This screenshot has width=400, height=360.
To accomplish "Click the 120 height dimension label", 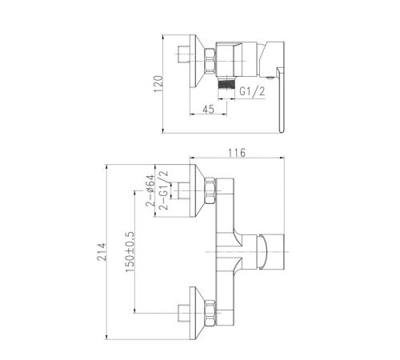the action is pos(158,84).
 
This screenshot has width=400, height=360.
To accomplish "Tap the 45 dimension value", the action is pos(208,110).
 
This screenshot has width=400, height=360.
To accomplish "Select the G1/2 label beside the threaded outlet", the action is pos(252,91).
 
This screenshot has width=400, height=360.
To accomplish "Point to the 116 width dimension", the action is pos(237,153).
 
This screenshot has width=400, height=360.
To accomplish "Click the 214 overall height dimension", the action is pos(102,251).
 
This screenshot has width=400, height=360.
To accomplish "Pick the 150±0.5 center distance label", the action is pos(130,252).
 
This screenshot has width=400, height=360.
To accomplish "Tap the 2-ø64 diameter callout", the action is pos(150,190).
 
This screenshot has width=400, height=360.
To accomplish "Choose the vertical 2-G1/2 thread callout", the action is pos(163,190).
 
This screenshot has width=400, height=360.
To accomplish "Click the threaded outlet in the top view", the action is pos(226,85).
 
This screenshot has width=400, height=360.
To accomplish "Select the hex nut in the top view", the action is pos(210,61).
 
